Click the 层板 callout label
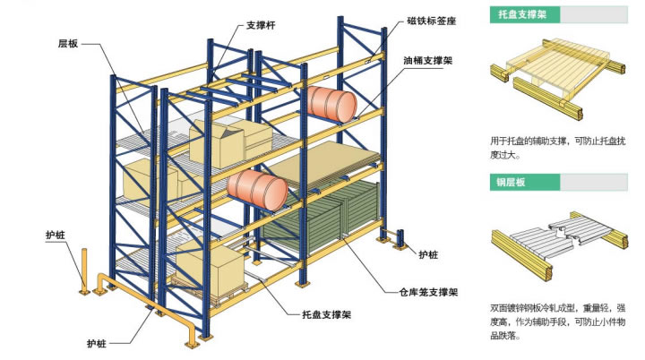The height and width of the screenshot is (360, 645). click(x=69, y=42)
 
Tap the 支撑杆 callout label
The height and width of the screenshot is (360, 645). click(x=260, y=26)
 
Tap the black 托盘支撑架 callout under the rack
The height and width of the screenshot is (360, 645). click(x=321, y=314)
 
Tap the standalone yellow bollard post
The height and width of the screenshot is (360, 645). click(x=83, y=270)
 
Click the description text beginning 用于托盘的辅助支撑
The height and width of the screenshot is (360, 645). click(x=557, y=147)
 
